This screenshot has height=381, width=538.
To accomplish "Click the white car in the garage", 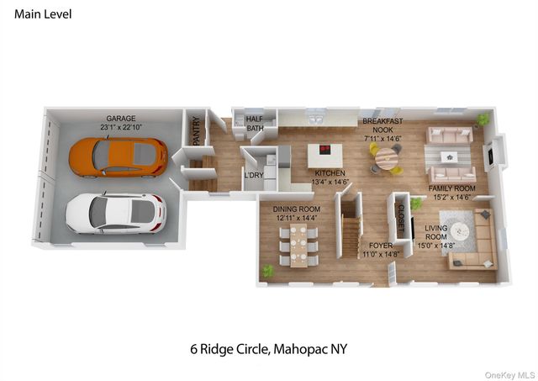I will pyautogui.click(x=114, y=213).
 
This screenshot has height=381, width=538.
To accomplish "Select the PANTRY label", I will pyautogui.click(x=196, y=133).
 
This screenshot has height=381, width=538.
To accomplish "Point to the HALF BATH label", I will pyautogui.click(x=255, y=124).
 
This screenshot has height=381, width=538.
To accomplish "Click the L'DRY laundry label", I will pyautogui.click(x=252, y=175).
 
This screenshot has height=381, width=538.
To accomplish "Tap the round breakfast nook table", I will pyautogui.click(x=386, y=157).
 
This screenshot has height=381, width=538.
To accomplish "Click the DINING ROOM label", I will pyautogui.click(x=297, y=213).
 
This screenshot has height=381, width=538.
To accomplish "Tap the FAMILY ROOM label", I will pyautogui.click(x=452, y=193).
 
